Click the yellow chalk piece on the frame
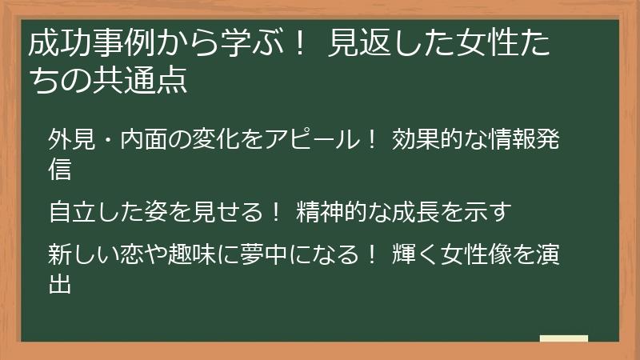point(563,338)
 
